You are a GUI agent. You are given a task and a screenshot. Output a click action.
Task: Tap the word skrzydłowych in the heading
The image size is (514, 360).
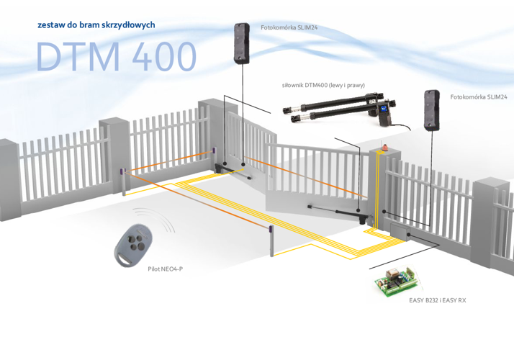pos(128,24)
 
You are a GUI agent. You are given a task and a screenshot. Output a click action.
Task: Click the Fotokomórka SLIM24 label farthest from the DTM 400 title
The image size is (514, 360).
pos(477,96)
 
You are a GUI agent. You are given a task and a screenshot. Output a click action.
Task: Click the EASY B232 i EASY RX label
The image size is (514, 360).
pos(437,300)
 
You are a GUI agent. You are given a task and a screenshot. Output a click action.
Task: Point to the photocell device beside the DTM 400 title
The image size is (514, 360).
pos(240,43)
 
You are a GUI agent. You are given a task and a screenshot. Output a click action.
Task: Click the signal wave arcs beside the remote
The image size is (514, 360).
pos(167,226)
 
